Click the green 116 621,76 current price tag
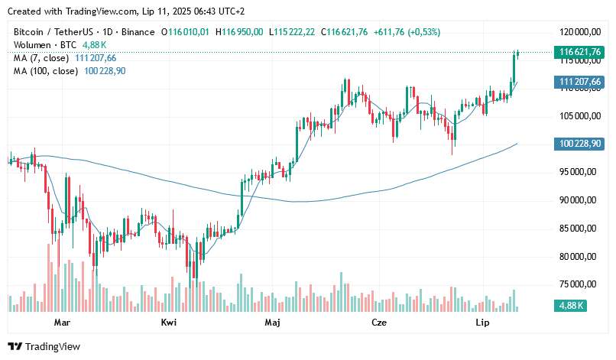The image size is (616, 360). [579, 53]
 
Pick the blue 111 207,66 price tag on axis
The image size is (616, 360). [579, 82]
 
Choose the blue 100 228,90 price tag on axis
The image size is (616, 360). [579, 144]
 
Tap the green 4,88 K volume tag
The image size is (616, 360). [570, 306]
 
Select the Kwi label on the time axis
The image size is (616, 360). [169, 323]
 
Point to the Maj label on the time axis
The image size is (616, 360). [272, 323]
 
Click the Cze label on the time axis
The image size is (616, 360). [378, 323]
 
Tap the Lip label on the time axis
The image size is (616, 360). [482, 323]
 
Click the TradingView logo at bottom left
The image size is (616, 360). [44, 346]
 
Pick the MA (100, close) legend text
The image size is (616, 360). [45, 70]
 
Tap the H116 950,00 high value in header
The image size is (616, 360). [239, 32]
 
